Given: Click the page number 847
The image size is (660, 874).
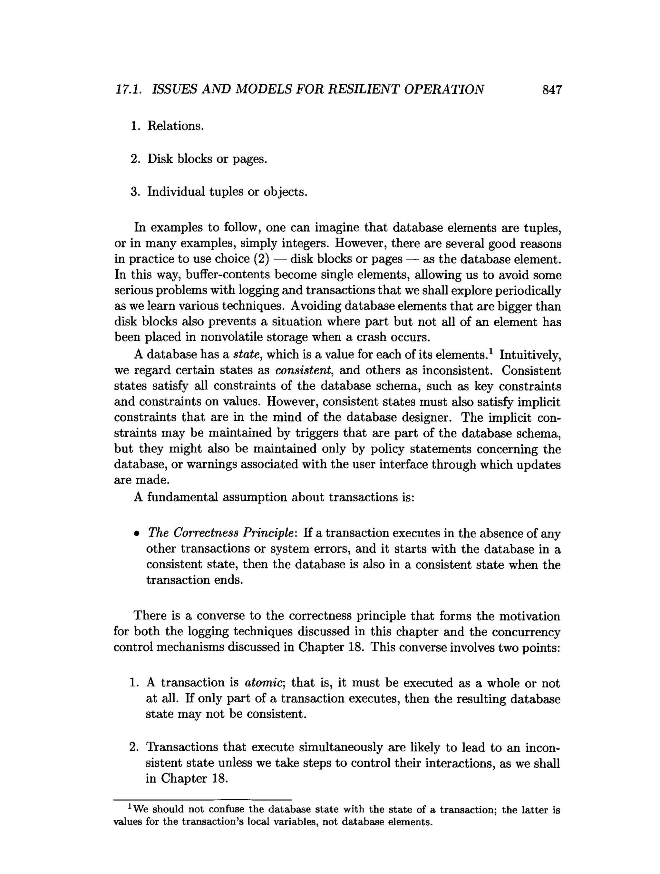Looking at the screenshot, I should [552, 90].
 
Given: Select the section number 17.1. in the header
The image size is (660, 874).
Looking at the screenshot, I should [129, 90].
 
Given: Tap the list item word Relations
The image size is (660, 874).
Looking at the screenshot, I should [175, 126].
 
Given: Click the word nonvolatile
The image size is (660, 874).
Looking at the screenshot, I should [232, 337].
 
